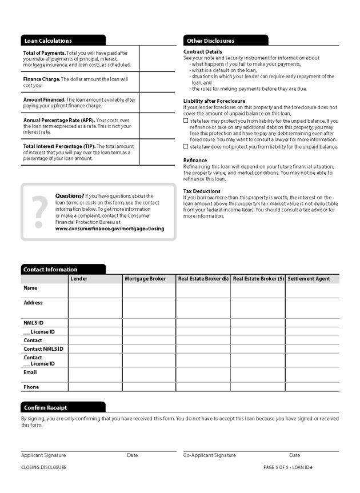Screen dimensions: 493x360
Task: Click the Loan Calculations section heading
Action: pos(48,41)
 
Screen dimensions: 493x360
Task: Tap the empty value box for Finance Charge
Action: pos(157,82)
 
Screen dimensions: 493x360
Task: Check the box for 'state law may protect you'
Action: pos(186,121)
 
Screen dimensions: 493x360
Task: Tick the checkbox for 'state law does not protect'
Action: pos(186,146)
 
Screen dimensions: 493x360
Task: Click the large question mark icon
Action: pos(39,212)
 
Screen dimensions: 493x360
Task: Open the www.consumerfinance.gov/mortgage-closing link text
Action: pos(110,229)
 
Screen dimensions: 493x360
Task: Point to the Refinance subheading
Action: pos(195,161)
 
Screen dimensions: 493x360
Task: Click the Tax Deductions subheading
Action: pos(202,191)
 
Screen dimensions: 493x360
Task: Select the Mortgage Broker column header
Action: pos(145,279)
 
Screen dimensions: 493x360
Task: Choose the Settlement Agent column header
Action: pos(309,279)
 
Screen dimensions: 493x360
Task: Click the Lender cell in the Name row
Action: pos(95,290)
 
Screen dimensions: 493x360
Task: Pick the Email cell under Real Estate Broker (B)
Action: pos(203,375)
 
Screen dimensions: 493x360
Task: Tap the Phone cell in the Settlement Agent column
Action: pos(311,387)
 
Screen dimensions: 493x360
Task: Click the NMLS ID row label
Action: pos(33,323)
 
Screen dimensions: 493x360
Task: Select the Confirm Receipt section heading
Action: pos(45,407)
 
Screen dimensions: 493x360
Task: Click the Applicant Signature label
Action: pos(43,455)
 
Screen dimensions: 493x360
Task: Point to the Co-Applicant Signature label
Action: pos(209,455)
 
